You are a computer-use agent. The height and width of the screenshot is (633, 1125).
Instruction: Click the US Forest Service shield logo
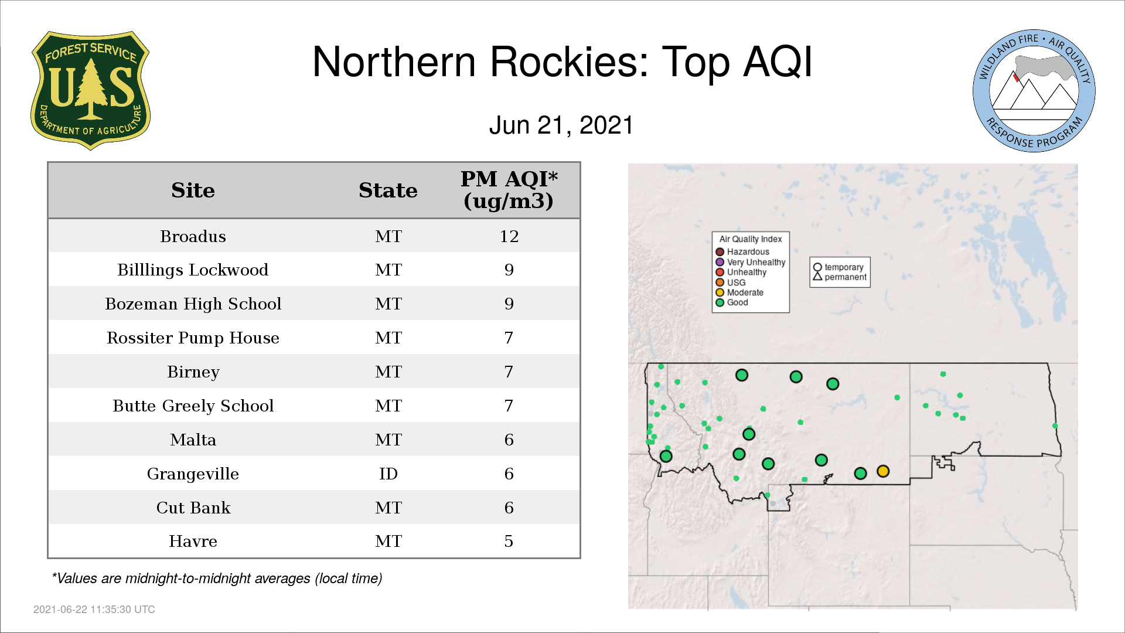(x=90, y=90)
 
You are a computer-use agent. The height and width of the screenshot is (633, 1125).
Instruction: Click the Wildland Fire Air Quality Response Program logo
(x=1034, y=91)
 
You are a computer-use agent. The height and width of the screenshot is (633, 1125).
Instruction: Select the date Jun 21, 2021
(x=561, y=125)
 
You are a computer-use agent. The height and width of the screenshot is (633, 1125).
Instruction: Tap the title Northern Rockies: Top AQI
(x=562, y=62)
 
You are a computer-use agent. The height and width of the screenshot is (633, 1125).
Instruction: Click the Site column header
(x=193, y=190)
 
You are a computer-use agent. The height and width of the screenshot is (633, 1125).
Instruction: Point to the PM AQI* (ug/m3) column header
(x=509, y=190)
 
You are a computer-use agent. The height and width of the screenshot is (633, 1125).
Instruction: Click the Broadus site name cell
(x=193, y=236)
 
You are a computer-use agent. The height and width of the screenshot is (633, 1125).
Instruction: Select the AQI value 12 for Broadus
(x=509, y=236)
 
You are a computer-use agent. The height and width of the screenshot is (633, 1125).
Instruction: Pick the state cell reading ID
(x=388, y=474)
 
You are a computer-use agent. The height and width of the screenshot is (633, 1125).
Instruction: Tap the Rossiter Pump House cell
(x=193, y=338)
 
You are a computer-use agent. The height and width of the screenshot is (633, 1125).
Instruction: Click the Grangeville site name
(x=193, y=474)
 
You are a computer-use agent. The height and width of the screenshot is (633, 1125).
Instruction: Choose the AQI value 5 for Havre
(x=509, y=541)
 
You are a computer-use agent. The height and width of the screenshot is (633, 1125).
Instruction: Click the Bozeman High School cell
(x=193, y=304)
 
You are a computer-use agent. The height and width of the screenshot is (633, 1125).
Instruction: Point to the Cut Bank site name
(x=193, y=508)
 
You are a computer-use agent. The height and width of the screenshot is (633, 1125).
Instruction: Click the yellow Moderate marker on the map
(x=883, y=471)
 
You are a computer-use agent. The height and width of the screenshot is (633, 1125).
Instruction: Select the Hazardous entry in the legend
(x=743, y=252)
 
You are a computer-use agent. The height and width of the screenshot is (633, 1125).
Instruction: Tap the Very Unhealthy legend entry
(x=751, y=262)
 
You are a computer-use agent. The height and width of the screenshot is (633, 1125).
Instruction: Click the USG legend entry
(x=731, y=283)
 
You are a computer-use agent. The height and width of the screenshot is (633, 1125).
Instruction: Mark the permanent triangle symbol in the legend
(x=817, y=276)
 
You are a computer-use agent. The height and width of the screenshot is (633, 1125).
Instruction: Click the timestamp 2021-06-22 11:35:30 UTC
(x=94, y=610)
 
